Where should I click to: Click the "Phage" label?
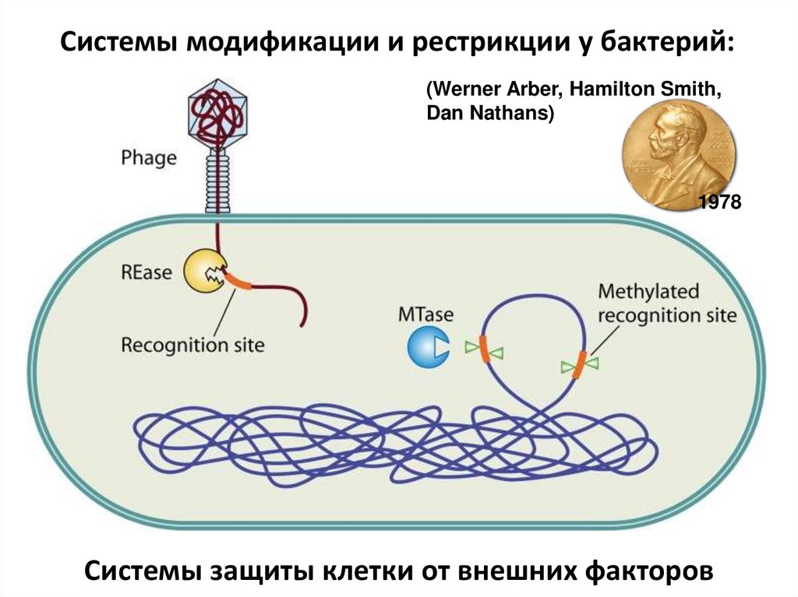coord(149,158)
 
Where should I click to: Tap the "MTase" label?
coord(425,315)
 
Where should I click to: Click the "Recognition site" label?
coord(192,343)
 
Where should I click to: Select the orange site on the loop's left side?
coord(484,348)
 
